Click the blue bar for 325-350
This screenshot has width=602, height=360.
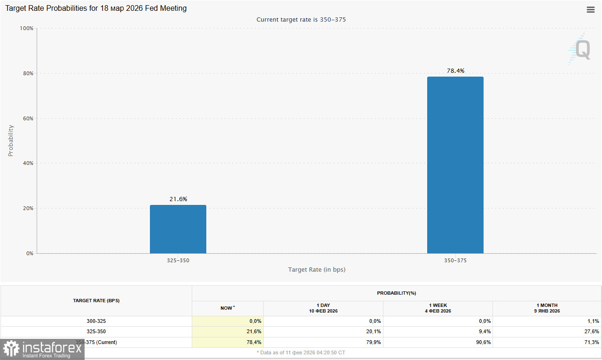coord(178,229)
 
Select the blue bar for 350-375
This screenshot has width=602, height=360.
coord(455,165)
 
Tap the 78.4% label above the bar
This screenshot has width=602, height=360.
coord(455,71)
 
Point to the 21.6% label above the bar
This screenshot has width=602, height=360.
coord(178,199)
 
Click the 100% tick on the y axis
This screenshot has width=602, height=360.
coord(26,28)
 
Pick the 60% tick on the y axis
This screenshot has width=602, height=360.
coord(28,118)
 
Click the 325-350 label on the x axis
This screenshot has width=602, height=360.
coord(178,260)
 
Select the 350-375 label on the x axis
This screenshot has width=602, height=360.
coord(455,260)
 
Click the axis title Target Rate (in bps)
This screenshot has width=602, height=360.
coord(317,270)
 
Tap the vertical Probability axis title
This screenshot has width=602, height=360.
coord(11,141)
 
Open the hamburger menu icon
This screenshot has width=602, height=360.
coord(591,10)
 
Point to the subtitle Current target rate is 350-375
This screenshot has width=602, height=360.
coord(301,20)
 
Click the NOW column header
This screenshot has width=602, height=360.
coord(227,308)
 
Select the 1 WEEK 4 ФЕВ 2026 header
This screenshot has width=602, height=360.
coord(438,308)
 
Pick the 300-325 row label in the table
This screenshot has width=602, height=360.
coord(96,321)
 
